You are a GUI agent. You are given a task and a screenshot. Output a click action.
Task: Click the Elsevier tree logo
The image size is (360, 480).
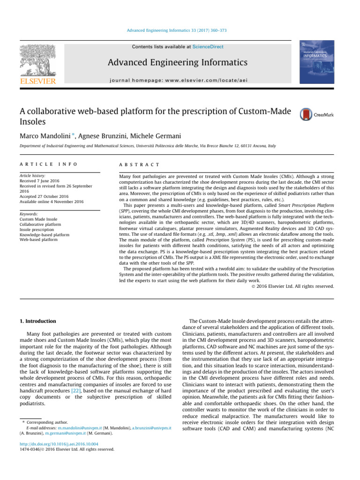pyautogui.click(x=39, y=62)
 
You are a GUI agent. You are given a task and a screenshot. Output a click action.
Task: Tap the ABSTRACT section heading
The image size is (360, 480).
pyautogui.click(x=140, y=165)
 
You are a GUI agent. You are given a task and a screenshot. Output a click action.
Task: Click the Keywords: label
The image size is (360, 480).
pyautogui.click(x=30, y=213)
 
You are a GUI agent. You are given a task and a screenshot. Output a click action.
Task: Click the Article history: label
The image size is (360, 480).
pyautogui.click(x=33, y=175)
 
